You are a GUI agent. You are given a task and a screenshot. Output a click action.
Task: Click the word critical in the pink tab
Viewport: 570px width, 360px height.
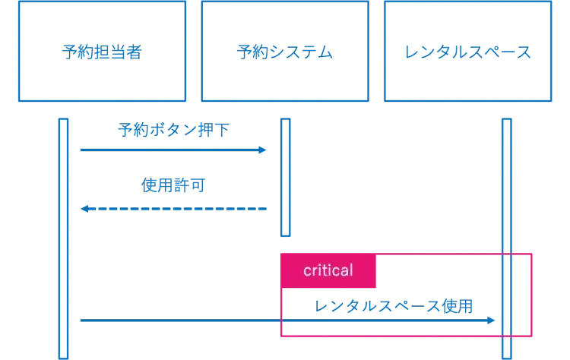[328, 270]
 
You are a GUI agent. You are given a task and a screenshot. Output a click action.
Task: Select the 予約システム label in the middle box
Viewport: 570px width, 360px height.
[283, 52]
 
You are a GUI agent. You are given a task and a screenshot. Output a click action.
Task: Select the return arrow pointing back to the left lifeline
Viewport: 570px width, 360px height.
[175, 208]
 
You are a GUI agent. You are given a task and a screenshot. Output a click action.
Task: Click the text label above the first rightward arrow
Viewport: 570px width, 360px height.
[174, 130]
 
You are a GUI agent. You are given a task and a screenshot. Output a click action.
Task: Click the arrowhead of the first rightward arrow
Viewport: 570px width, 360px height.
[263, 151]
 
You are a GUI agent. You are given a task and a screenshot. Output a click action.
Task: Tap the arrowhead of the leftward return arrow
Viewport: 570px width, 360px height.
[85, 208]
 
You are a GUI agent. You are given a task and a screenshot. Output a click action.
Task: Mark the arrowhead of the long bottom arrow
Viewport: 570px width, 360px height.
[492, 323]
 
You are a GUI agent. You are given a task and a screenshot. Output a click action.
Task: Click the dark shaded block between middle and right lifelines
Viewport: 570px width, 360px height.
[395, 178]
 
